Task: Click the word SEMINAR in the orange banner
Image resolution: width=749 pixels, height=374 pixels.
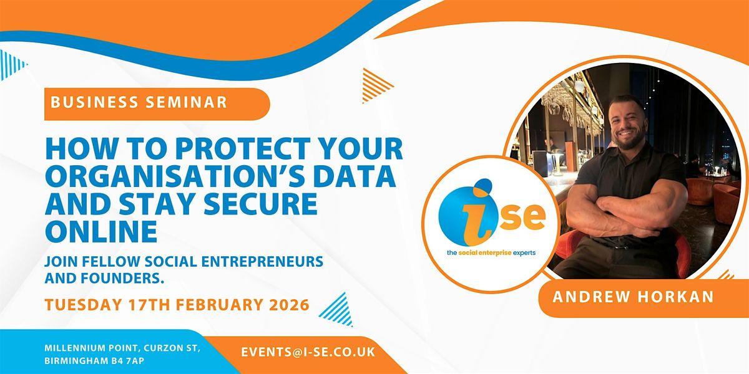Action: pos(186,102)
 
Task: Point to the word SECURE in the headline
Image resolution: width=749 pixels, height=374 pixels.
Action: pos(260,203)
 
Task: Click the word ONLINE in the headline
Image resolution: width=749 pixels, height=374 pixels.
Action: pos(101,231)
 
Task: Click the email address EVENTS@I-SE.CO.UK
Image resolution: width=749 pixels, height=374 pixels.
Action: pos(308,352)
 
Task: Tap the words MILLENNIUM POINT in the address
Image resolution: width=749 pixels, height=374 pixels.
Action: pos(92,348)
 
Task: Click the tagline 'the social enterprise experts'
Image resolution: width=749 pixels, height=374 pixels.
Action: pos(491,253)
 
